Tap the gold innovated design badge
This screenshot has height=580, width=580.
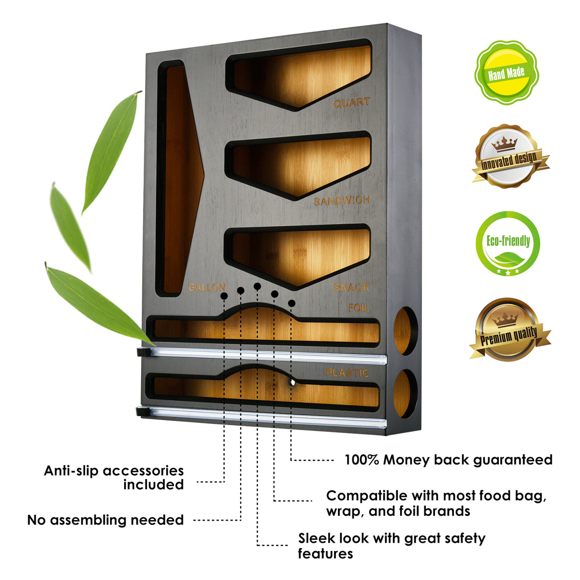[x=508, y=157]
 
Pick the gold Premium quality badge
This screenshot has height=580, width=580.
[x=509, y=331]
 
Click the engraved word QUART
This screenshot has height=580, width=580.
[x=352, y=103]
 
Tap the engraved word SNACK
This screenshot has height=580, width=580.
[x=351, y=288]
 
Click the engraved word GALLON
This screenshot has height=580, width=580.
[x=207, y=288]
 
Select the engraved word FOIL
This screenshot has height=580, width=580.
[x=358, y=307]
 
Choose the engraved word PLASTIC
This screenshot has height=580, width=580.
[x=347, y=373]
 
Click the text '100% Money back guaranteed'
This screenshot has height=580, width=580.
[x=448, y=460]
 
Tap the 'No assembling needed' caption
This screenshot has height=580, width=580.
[x=105, y=520]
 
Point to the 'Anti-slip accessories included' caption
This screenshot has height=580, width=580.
[x=114, y=478]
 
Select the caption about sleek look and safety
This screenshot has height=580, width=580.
[x=391, y=546]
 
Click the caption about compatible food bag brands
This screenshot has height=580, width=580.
[x=436, y=503]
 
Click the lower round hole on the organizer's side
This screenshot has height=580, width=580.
[x=405, y=392]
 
